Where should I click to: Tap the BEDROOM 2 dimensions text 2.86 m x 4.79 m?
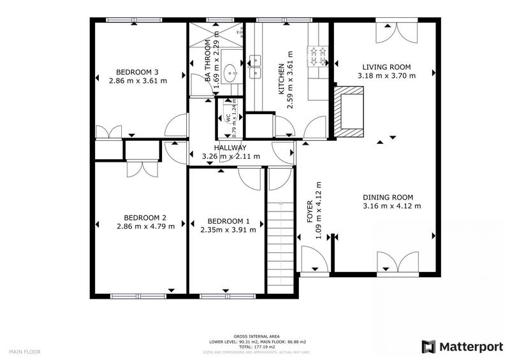tap(145, 226)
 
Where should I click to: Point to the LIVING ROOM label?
tap(386, 67)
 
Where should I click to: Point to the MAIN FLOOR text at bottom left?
tap(24, 349)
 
